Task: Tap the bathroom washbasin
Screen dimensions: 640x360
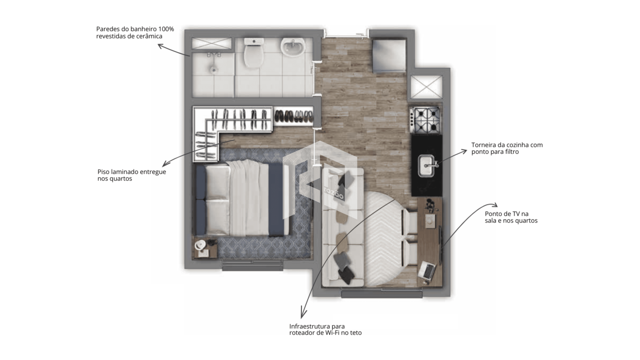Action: click(x=292, y=47)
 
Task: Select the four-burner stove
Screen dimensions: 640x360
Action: click(x=425, y=119)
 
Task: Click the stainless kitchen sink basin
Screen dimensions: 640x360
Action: click(x=426, y=166)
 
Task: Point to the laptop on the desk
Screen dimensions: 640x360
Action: click(x=427, y=270)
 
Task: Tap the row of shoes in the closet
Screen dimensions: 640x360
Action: click(x=293, y=116)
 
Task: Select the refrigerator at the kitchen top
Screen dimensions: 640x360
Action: click(x=389, y=55)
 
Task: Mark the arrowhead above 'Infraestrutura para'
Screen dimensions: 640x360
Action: click(x=303, y=314)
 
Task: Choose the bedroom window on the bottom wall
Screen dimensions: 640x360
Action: click(x=253, y=265)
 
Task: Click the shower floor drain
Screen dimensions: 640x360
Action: click(x=213, y=70)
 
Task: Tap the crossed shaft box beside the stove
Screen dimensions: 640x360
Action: click(x=426, y=87)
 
